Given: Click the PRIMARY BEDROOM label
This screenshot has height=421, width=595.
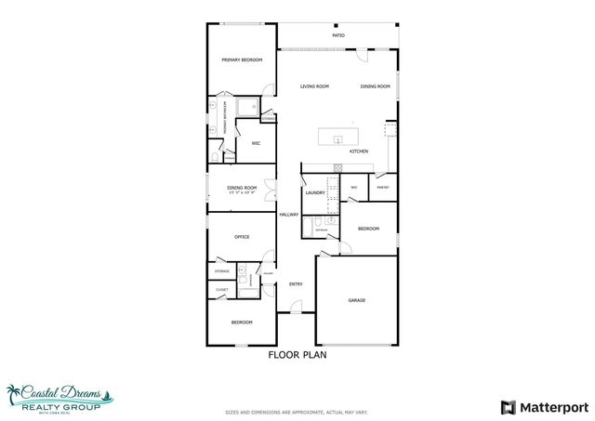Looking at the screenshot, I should [242, 60].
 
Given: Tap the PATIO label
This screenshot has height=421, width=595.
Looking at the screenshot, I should [338, 36].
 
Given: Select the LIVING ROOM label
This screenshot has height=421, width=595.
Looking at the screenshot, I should [314, 86].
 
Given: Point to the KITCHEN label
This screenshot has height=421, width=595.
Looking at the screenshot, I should [359, 151].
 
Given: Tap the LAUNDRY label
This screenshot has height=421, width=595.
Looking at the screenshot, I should [314, 193].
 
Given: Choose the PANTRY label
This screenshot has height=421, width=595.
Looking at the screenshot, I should [382, 188].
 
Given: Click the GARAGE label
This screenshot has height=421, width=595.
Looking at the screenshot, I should [356, 300].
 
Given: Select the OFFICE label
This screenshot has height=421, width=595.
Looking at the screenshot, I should [241, 237].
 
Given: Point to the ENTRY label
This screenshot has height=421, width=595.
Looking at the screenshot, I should [296, 284].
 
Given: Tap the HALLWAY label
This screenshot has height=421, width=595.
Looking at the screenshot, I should [289, 215].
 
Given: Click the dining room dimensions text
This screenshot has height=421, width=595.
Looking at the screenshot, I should [241, 194].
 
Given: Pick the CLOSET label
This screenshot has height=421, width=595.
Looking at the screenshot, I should [221, 290].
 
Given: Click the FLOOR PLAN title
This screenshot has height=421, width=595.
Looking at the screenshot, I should [297, 354].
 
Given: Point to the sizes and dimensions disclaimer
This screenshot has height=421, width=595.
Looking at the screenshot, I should [297, 412].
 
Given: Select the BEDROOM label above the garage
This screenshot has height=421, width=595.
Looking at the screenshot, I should [369, 228].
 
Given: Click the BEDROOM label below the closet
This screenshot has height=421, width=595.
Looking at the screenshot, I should [242, 322].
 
